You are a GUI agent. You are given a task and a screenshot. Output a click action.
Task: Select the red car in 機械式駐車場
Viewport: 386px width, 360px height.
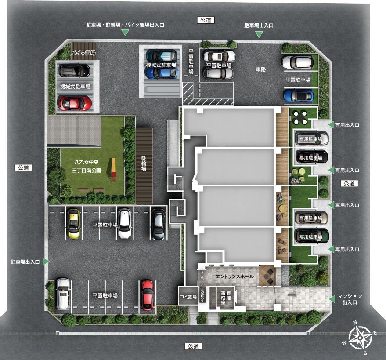[x=75, y=103]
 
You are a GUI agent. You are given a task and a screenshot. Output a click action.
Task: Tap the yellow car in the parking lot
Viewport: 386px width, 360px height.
[x=73, y=223]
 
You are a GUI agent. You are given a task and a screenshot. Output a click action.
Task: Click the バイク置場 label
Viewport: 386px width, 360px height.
[x=83, y=53]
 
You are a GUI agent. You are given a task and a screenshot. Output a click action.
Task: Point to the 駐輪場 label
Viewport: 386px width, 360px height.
[x=144, y=165]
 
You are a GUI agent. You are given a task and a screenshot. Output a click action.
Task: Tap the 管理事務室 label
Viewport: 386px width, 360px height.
[x=226, y=296]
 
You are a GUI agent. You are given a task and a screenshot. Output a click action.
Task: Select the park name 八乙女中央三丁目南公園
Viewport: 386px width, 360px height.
[x=87, y=166]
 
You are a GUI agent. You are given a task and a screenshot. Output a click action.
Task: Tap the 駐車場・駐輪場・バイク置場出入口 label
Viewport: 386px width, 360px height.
[x=125, y=26]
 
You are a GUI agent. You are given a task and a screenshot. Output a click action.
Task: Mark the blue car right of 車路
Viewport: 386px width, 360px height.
[x=299, y=95]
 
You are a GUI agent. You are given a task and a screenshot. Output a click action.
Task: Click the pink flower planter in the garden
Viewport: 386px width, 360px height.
[x=294, y=180]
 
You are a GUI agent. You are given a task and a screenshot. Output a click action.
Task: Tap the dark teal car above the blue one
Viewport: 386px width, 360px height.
[x=162, y=55]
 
